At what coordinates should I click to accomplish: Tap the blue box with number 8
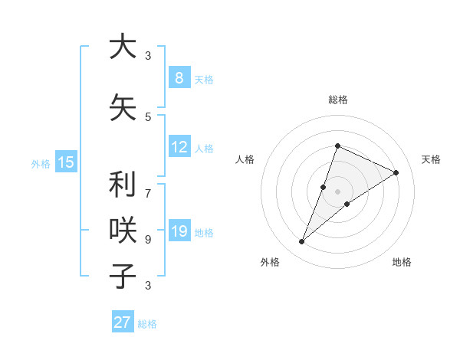pyautogui.click(x=179, y=77)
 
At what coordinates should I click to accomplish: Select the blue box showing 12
pyautogui.click(x=179, y=147)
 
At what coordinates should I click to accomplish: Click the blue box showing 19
pyautogui.click(x=179, y=231)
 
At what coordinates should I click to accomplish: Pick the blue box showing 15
pyautogui.click(x=66, y=162)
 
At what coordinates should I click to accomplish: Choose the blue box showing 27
pyautogui.click(x=122, y=322)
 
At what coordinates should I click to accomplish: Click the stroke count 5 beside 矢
pyautogui.click(x=148, y=117)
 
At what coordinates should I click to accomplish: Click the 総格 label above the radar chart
pyautogui.click(x=337, y=100)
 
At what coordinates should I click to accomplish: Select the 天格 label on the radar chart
pyautogui.click(x=431, y=159)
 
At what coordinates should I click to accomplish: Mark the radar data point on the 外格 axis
pyautogui.click(x=301, y=242)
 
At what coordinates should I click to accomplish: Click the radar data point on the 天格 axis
pyautogui.click(x=396, y=172)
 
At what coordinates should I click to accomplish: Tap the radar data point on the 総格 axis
pyautogui.click(x=337, y=146)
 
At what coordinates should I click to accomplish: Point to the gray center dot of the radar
pyautogui.click(x=337, y=191)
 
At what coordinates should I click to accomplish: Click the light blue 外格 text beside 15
pyautogui.click(x=41, y=163)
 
